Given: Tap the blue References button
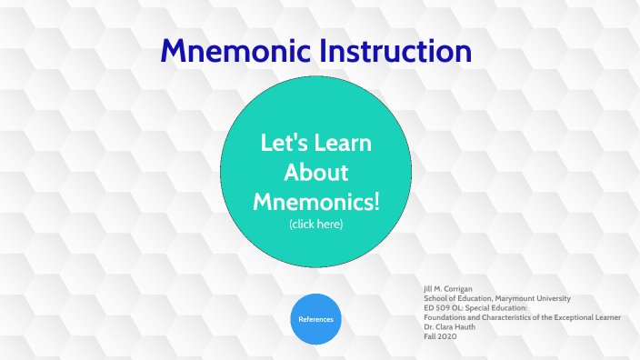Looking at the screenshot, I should [x=315, y=319].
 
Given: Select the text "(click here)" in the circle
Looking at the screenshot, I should [x=315, y=224].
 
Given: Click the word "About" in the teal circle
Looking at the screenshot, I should [x=315, y=172].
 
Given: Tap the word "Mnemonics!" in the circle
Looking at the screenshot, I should [x=315, y=200].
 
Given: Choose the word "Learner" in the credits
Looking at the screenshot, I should [x=606, y=317].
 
